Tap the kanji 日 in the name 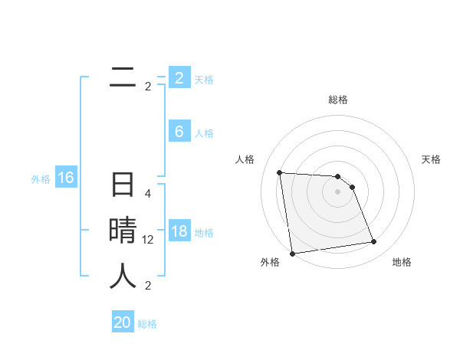(123, 186)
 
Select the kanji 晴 (123, 231)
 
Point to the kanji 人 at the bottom (123, 276)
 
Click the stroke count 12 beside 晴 (148, 240)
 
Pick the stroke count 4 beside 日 (148, 194)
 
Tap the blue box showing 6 (179, 132)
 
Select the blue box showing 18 (179, 231)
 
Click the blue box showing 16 (65, 178)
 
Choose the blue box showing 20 (123, 322)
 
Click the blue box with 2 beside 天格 (179, 78)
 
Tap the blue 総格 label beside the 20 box (147, 324)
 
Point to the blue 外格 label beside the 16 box (40, 179)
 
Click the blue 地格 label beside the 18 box (204, 233)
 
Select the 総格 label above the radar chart (338, 100)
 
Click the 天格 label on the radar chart (431, 159)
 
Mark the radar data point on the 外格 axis (292, 254)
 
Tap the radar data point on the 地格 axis (374, 242)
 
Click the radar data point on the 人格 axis (280, 172)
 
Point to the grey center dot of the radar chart (338, 191)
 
